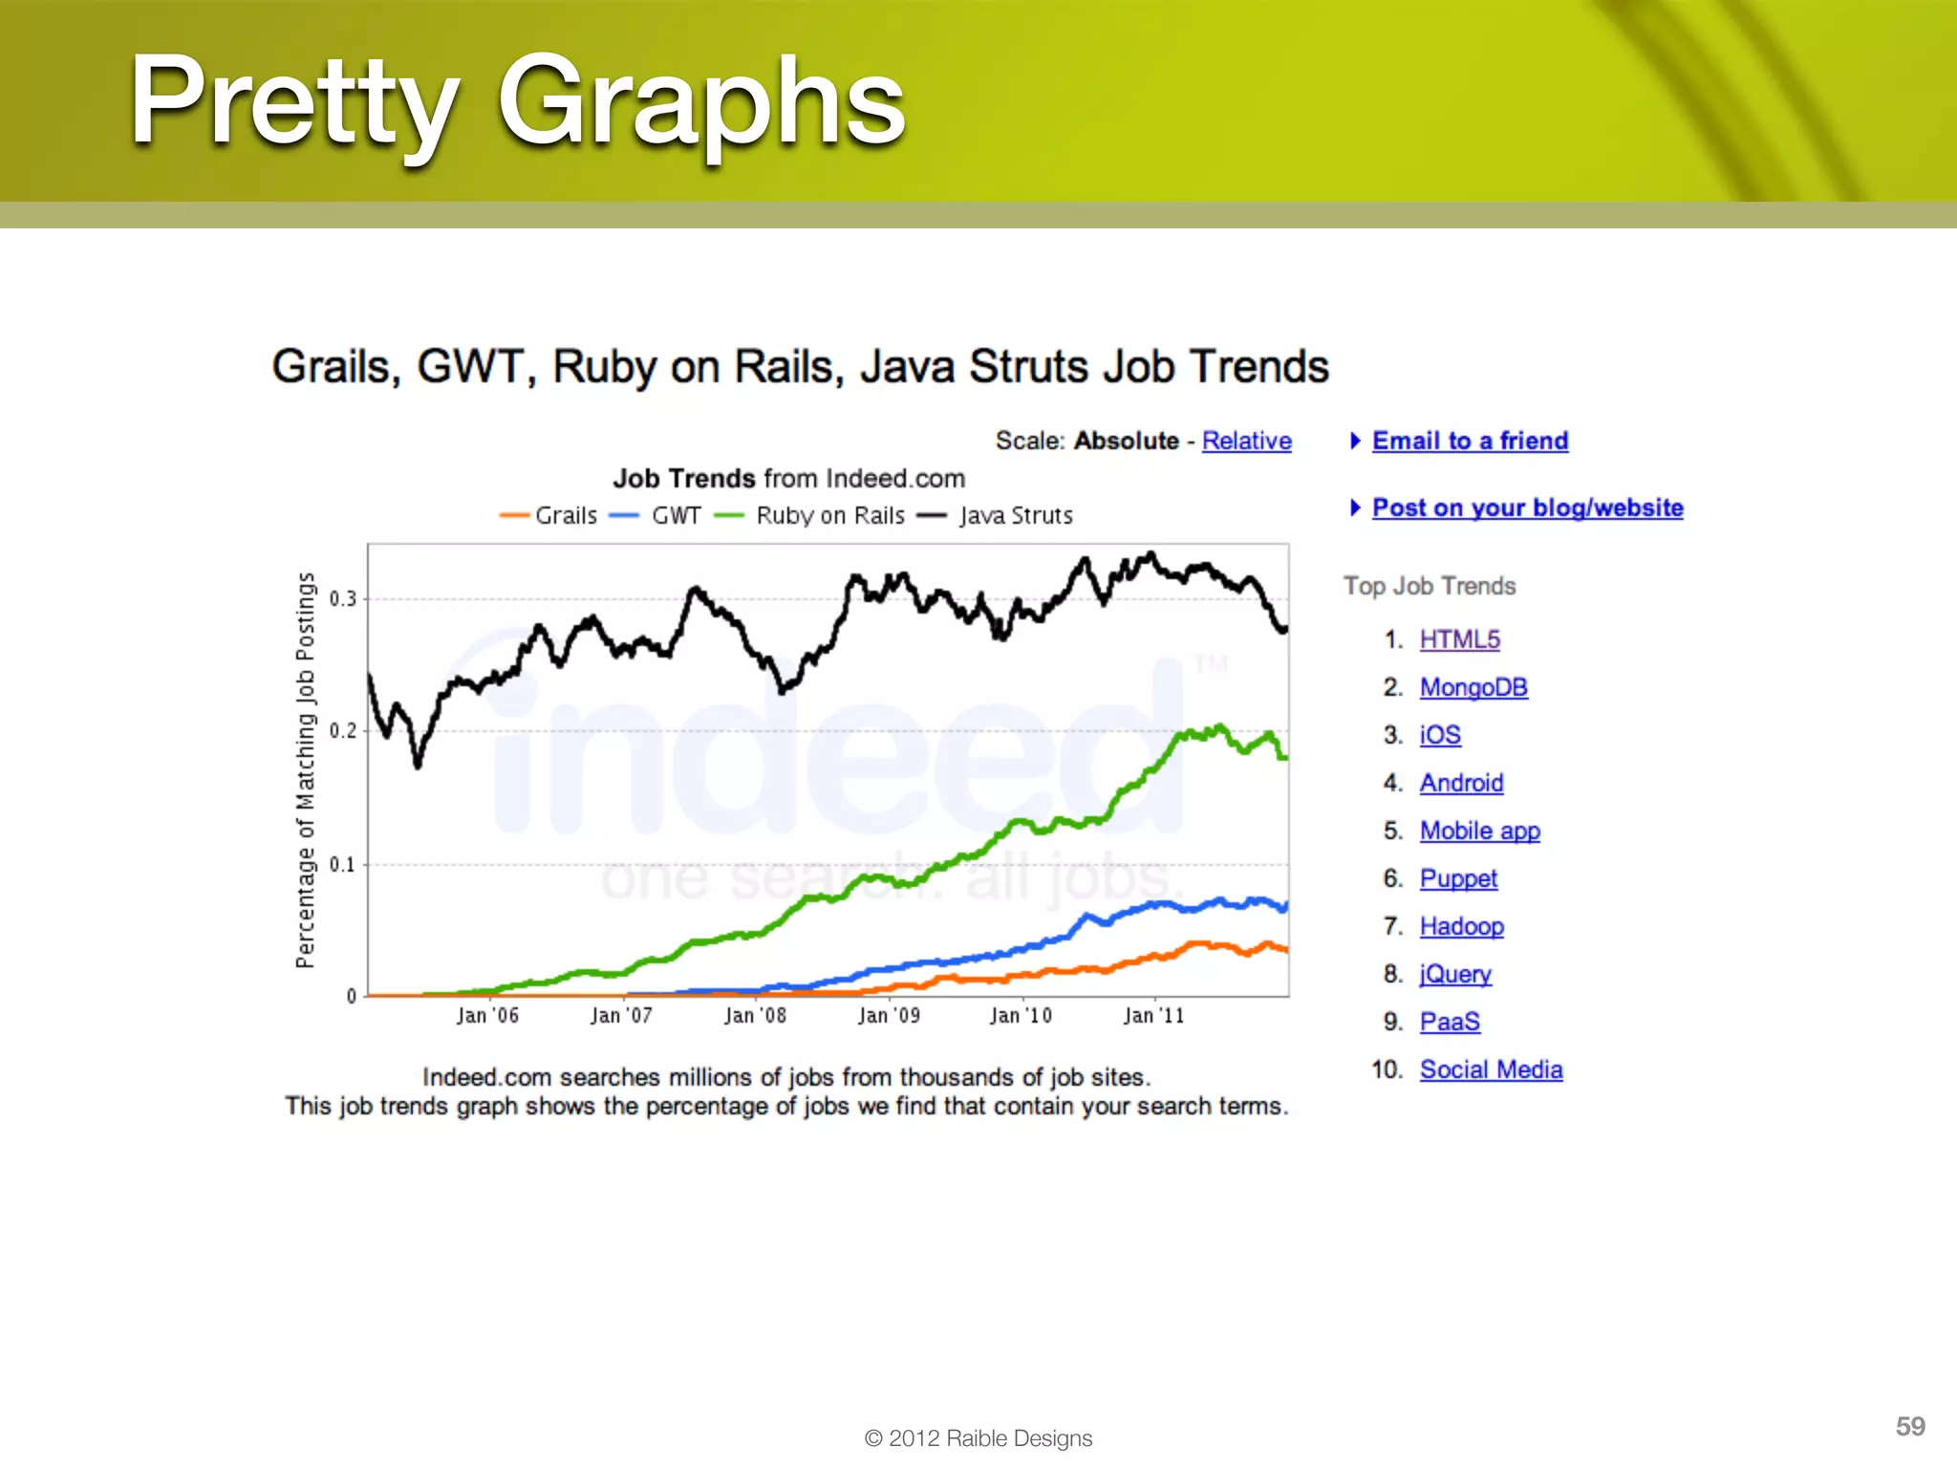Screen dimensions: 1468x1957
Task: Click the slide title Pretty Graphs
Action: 517,102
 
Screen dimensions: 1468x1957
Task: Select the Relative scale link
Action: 1246,441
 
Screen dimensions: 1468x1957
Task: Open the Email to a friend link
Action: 1470,441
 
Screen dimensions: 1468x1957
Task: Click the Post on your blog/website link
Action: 1527,507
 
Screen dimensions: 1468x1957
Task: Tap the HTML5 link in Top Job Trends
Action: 1459,639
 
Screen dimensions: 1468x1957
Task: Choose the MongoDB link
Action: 1473,687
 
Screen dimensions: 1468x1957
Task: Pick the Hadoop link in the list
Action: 1461,926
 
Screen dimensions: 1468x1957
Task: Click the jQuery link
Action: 1454,974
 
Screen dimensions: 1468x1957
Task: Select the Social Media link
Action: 1491,1069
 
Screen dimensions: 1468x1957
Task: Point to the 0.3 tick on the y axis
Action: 343,599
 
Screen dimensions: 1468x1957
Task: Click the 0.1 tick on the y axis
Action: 343,865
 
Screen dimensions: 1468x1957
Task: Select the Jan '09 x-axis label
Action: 889,1016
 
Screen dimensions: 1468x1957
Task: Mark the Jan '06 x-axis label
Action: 487,1016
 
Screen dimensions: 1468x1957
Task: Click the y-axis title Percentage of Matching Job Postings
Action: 305,769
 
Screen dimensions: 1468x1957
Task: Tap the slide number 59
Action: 1909,1426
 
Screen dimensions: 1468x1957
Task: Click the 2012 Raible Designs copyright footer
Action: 978,1438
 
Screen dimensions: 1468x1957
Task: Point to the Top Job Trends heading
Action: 1429,586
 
